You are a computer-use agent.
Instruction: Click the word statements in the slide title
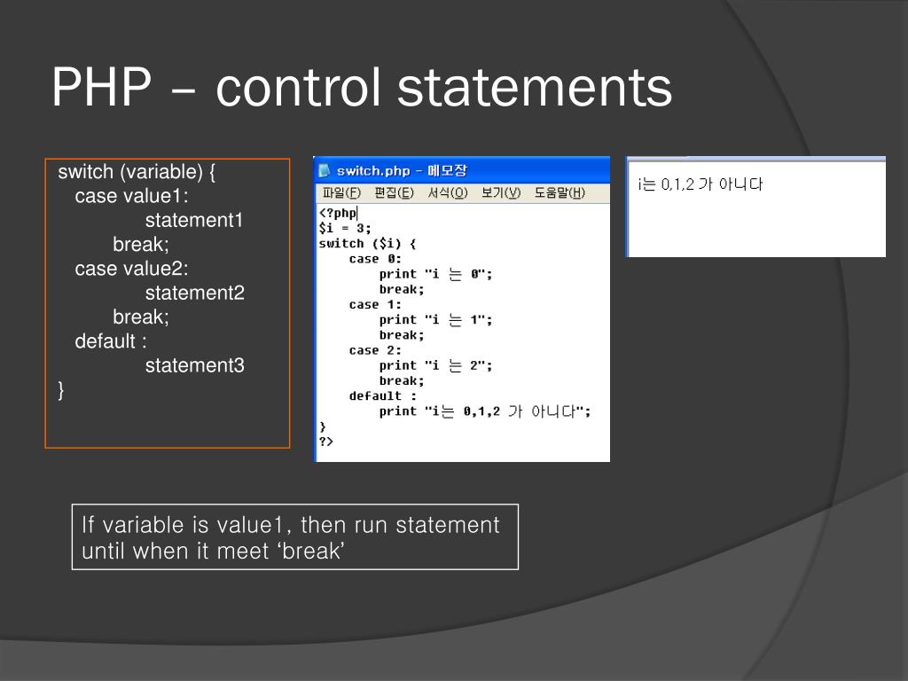535,90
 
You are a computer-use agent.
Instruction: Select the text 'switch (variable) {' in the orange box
137,171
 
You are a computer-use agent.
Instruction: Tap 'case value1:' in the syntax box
132,196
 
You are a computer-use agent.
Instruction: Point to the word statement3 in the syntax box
195,365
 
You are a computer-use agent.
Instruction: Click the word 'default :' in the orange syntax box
111,341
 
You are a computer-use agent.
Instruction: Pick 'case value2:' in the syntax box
132,269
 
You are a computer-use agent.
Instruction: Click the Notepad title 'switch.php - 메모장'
402,170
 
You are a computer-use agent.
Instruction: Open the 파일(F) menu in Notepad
341,192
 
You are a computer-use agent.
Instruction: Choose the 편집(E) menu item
394,192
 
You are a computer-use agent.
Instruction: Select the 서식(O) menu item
447,192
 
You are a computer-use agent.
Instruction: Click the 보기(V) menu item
500,192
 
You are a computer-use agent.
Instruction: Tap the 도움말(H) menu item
559,192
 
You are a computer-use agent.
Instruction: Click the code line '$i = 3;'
345,228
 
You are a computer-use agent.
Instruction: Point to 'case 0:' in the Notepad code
375,259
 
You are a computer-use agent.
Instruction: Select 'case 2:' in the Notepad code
375,350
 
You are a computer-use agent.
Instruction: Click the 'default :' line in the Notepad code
382,395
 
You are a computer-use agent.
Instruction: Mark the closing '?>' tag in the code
326,441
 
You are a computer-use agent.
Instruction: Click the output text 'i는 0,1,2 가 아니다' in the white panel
700,184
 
